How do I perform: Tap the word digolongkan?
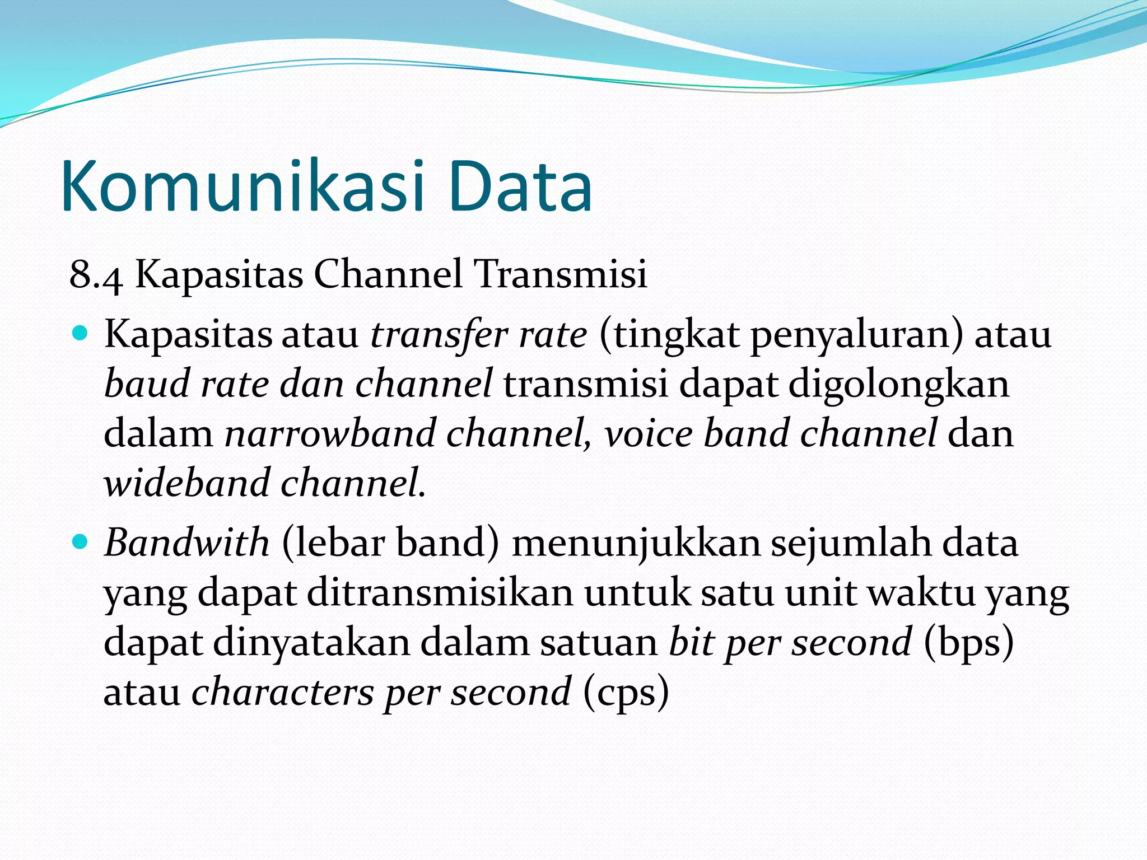pos(899,385)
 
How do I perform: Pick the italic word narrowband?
pos(330,434)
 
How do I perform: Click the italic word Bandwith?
pos(187,543)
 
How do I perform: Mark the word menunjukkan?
pos(636,544)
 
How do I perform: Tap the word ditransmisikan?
pos(440,593)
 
